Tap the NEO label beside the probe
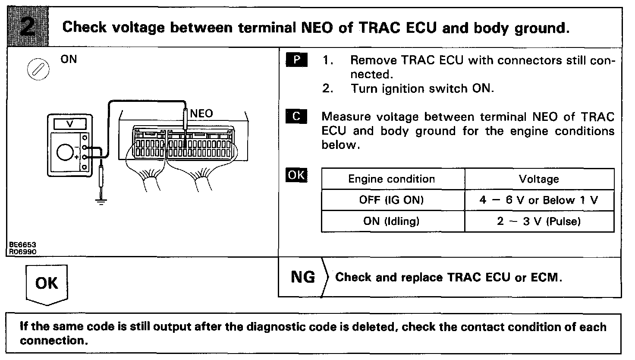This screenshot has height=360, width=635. pyautogui.click(x=201, y=114)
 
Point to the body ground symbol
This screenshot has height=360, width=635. pyautogui.click(x=101, y=200)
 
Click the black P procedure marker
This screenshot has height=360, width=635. pyautogui.click(x=296, y=60)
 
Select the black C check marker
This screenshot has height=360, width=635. pyautogui.click(x=296, y=117)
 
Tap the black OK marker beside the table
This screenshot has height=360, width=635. pyautogui.click(x=296, y=175)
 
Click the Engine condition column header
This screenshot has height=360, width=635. pyautogui.click(x=392, y=179)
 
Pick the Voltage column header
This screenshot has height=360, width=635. pyautogui.click(x=539, y=179)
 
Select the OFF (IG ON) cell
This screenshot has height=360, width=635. pyautogui.click(x=392, y=200)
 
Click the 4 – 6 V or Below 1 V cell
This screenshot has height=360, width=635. pyautogui.click(x=539, y=200)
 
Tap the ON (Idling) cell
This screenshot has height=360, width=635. pyautogui.click(x=392, y=221)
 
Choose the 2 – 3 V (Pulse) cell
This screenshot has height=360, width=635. pyautogui.click(x=539, y=221)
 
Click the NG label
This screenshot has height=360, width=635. pyautogui.click(x=303, y=277)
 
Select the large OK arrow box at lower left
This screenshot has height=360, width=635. pyautogui.click(x=47, y=284)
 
